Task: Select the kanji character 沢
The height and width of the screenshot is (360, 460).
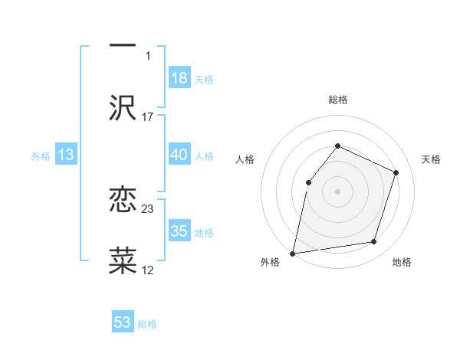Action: pos(123,107)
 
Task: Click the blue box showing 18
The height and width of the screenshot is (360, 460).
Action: pos(179,78)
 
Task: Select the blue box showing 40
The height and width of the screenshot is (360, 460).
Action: pos(179,155)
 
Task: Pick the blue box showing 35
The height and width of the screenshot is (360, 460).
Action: pos(179,231)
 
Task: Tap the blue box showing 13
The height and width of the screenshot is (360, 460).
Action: pos(66,155)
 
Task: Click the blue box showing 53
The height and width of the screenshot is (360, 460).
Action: pos(123,322)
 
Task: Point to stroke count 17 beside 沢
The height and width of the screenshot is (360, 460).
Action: pos(148,117)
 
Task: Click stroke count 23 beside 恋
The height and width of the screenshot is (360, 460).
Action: pos(148,208)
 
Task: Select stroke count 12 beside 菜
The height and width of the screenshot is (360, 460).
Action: pos(148,270)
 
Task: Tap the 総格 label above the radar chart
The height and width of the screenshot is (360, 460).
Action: pos(337,100)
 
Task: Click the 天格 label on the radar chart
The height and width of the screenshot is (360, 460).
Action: pos(431,159)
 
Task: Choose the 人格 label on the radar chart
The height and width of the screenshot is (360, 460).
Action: pos(245,159)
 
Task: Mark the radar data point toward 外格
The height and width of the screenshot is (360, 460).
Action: pos(293,253)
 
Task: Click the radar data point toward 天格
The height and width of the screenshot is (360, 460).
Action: pos(396,172)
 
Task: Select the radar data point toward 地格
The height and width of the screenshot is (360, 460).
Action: pos(374,242)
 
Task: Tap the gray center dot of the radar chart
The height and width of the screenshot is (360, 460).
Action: pos(337,191)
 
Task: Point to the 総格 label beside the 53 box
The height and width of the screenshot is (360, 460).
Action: pos(147,324)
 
